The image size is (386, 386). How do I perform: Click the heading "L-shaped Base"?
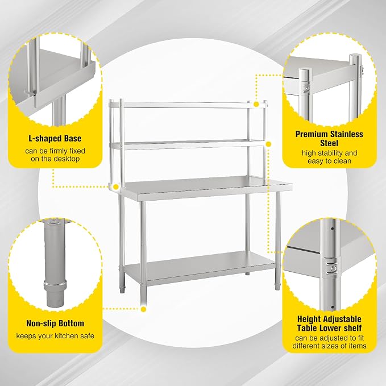point(55,138)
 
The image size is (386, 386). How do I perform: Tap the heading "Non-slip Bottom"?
point(55,323)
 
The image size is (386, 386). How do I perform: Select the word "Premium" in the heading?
point(311,134)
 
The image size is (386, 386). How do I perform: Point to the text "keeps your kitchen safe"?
point(55,336)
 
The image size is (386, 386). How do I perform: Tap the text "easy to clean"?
point(329,161)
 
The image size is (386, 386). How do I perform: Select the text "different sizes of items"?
point(329,346)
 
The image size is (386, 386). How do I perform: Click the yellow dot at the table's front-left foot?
point(143,309)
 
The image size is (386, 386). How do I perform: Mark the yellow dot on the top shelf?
point(256,105)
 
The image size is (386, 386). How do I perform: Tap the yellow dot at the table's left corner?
point(116,187)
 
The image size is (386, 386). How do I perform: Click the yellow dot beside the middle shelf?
point(268,144)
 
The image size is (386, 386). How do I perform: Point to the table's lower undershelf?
point(200,267)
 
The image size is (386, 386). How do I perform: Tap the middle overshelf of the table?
point(188,145)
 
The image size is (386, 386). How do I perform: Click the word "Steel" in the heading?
point(329,143)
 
